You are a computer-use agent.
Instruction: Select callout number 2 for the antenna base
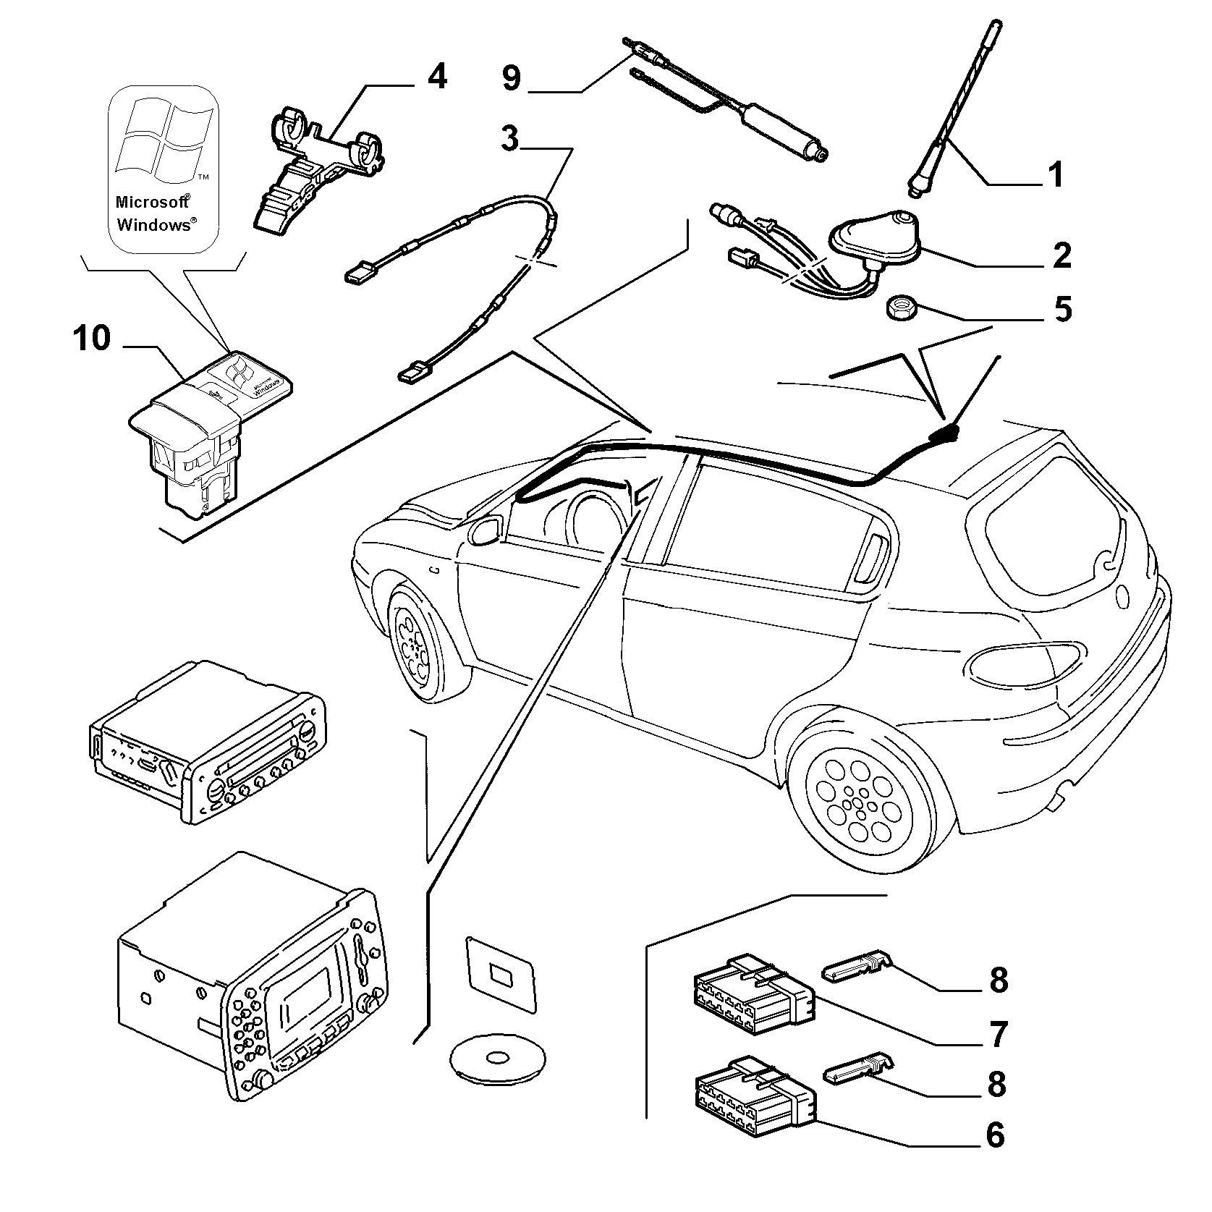1061,255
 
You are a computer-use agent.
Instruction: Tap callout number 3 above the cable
510,137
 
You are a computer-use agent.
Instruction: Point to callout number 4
436,77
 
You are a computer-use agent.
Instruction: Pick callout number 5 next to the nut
1061,309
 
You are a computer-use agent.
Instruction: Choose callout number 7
998,1035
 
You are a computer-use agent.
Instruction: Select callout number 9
511,77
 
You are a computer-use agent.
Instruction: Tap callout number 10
91,338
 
